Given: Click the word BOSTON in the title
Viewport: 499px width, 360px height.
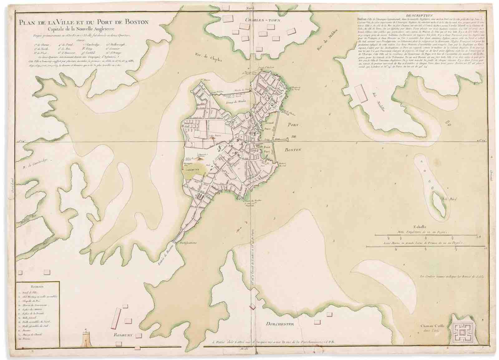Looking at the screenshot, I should pos(134,22).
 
